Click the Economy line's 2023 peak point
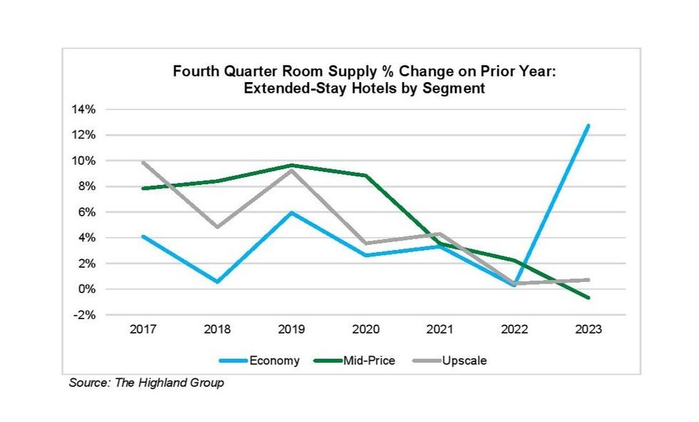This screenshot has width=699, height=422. click(588, 126)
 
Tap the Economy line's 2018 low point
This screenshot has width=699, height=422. click(218, 281)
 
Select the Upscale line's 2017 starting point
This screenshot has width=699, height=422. click(143, 162)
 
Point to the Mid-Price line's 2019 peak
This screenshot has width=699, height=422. click(292, 165)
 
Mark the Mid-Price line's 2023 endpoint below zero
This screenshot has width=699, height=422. click(588, 298)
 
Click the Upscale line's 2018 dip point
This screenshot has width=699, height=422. click(218, 227)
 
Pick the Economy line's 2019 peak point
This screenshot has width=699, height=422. click(292, 213)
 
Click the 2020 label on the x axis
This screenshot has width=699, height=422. click(366, 331)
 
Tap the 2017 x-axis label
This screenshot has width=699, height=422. click(143, 331)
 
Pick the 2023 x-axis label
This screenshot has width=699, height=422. click(588, 331)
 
